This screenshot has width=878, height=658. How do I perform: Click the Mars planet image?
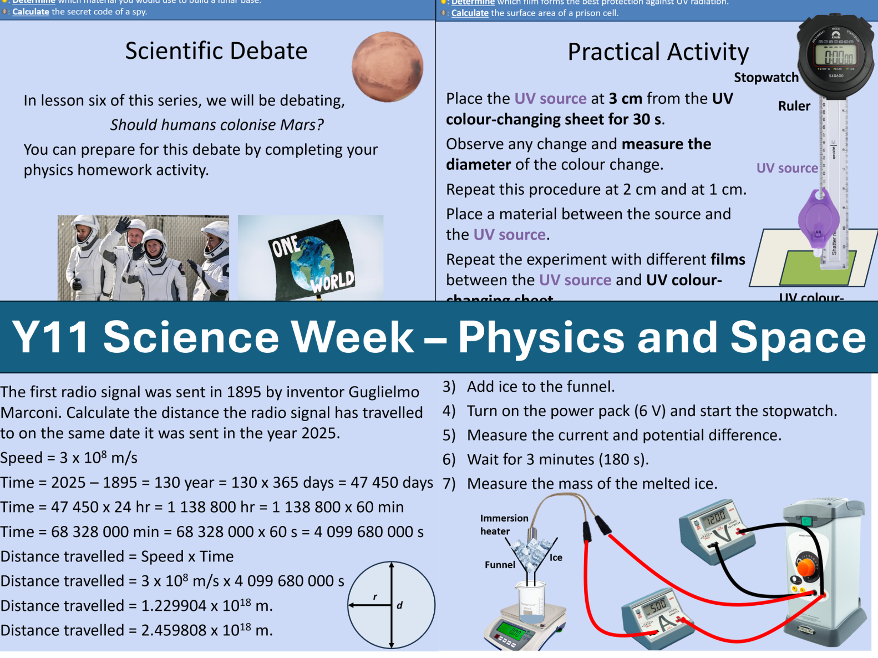click(x=387, y=67)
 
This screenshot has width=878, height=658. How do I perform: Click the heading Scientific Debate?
click(x=216, y=51)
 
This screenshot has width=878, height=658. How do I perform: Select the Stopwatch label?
click(x=766, y=78)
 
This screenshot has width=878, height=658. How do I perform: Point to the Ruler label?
click(x=794, y=106)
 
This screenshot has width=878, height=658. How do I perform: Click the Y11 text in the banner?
click(x=50, y=337)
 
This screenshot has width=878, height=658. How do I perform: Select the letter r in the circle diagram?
click(x=375, y=597)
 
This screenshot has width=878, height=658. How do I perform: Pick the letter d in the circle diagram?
click(x=399, y=605)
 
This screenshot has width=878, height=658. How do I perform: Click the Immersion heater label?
click(x=504, y=524)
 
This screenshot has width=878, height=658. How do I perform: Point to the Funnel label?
click(x=500, y=565)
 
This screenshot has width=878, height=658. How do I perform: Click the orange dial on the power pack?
click(x=806, y=567)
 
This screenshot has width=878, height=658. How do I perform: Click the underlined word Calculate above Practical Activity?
click(x=470, y=13)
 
